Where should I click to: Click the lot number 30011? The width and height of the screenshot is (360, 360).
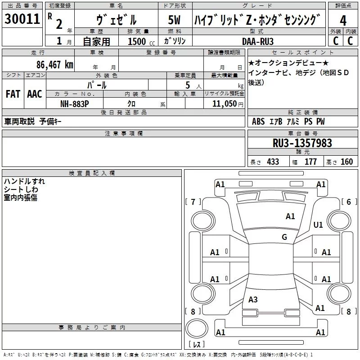pos(22,19)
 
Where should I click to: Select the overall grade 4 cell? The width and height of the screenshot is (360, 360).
pos(343,20)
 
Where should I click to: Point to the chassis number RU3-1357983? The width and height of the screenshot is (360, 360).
pos(302,143)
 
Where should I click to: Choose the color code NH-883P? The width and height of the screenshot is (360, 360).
pos(75,103)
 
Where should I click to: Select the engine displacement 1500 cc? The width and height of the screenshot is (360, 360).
pos(137,41)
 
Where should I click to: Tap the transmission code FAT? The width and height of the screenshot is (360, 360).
pos(13,94)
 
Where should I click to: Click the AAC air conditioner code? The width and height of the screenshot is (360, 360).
pos(35,94)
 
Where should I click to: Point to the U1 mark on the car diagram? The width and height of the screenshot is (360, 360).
pos(318,225)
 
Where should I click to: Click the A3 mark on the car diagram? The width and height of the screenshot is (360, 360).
pos(253,300)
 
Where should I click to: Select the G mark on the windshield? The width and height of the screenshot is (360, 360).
pos(284,237)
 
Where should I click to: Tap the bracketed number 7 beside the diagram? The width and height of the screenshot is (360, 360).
pos(193,202)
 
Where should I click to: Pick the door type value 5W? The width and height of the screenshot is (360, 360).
pos(175,20)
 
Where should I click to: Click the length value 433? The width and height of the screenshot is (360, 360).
pos(273,162)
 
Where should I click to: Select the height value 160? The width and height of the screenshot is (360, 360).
pos(346,162)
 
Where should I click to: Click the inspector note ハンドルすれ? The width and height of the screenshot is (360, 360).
pos(24,181)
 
